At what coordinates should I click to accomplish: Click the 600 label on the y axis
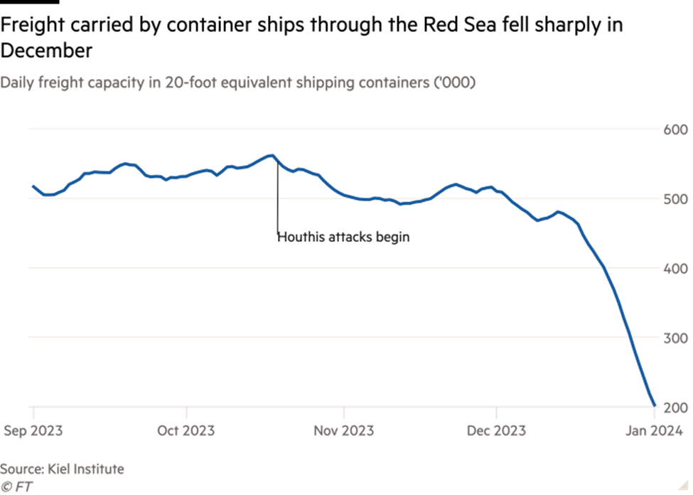tap(675, 130)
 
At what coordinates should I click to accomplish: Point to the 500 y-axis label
tap(675, 199)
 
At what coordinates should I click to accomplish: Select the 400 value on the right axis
tap(675, 269)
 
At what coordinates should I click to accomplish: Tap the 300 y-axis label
tap(675, 338)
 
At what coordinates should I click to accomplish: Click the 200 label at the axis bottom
tap(675, 408)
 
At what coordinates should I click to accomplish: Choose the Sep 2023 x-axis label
tap(33, 431)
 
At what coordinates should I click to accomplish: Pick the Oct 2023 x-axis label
tap(186, 431)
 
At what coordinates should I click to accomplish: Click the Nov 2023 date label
tap(344, 431)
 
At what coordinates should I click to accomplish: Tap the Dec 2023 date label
tap(496, 431)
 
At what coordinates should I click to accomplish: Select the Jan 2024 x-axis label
tap(653, 431)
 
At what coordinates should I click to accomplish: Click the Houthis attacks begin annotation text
tap(343, 237)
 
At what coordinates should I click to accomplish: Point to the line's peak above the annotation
tap(272, 154)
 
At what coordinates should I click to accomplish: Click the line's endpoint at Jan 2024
tap(654, 406)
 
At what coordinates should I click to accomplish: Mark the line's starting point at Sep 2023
tap(33, 186)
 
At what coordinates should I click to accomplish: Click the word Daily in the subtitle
tap(14, 83)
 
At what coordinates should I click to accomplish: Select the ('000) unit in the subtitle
tap(456, 83)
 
